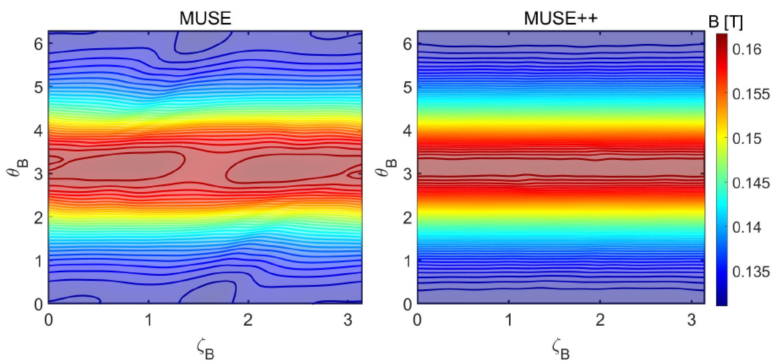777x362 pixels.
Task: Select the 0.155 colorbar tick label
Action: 751,94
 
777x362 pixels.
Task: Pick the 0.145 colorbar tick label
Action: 751,183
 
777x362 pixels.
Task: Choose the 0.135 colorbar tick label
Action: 751,271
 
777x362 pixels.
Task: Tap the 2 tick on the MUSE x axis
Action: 248,321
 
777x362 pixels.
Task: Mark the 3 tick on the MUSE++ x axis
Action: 692,321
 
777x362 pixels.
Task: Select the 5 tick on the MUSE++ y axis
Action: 407,86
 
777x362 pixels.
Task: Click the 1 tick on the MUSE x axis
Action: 148,321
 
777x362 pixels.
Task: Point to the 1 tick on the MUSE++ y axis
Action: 407,261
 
